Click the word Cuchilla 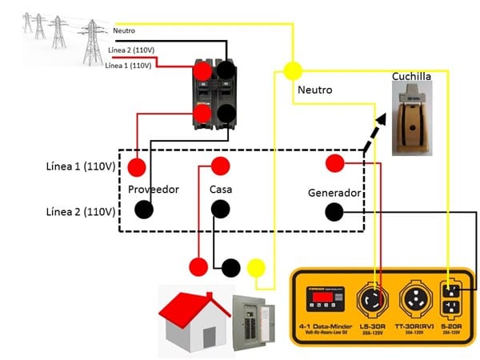411,77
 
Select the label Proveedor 153,190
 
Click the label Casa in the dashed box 221,190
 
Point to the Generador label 335,194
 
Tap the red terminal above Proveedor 138,167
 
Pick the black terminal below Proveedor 144,210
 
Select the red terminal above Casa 220,166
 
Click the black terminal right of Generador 334,212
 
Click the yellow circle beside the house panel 257,267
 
